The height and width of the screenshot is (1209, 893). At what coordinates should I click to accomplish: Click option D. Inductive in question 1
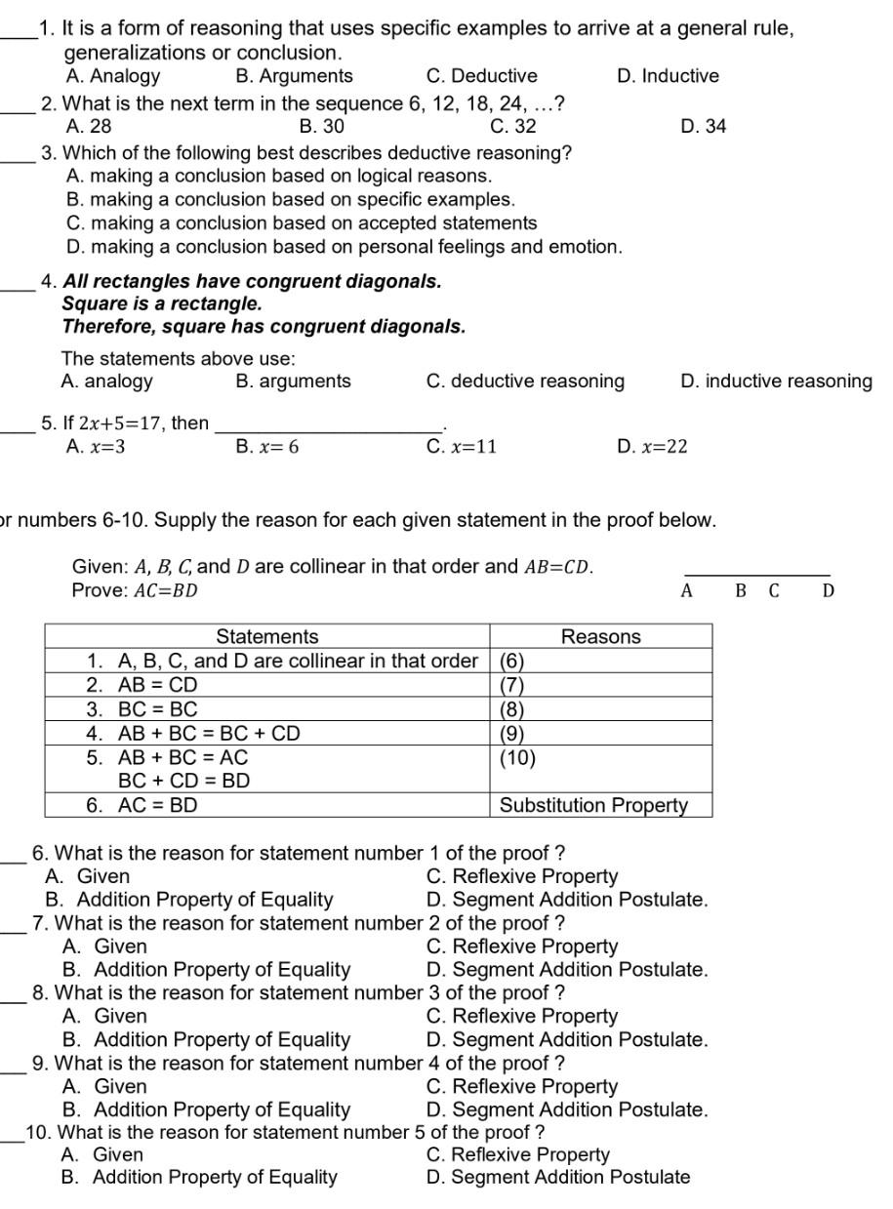(668, 76)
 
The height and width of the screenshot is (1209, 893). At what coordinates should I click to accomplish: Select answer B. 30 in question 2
(321, 126)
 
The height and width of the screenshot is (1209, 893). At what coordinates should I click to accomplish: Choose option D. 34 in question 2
(703, 126)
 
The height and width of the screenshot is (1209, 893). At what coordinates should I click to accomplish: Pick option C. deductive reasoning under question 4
(525, 382)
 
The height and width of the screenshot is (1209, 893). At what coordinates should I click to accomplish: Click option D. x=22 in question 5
(652, 447)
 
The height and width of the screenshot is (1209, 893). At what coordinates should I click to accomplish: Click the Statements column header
(266, 637)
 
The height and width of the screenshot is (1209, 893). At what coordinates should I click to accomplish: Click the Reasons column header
(600, 637)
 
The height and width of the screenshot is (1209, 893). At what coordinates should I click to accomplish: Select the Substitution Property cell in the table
(593, 805)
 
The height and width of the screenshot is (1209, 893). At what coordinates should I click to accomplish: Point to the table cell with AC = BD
(156, 805)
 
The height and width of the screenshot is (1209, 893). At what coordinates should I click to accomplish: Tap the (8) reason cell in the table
(513, 709)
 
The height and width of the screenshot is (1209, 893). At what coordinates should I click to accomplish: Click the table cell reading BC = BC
(156, 709)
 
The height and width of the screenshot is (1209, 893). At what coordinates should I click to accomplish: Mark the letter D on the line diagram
(828, 590)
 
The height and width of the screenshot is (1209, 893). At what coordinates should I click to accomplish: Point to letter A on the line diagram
(686, 590)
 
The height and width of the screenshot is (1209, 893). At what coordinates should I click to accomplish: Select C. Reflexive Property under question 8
(522, 1017)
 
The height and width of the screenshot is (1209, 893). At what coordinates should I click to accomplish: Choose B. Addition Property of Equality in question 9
(206, 1109)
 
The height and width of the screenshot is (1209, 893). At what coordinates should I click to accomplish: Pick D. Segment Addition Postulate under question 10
(557, 1177)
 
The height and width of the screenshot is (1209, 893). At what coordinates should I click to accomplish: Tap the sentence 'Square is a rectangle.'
(162, 303)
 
